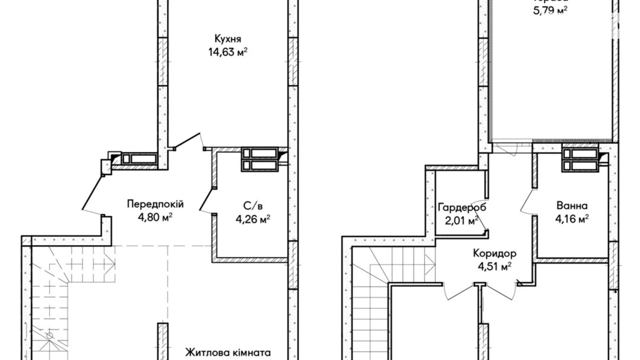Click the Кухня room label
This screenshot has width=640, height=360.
228,38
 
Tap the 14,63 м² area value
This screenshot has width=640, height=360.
228,52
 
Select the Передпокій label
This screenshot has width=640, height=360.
155,204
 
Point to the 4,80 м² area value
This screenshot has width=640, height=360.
155,218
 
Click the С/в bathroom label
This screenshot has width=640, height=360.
253,206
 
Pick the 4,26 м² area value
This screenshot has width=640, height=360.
253,219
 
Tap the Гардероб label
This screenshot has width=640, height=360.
462,207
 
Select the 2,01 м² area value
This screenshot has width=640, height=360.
462,220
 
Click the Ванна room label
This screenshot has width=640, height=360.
572,206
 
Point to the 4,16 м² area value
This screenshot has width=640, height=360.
572,219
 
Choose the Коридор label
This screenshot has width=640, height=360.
495,253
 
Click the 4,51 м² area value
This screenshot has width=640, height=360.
495,267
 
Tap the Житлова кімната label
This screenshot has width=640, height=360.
228,353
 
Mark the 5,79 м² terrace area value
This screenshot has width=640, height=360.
550,10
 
